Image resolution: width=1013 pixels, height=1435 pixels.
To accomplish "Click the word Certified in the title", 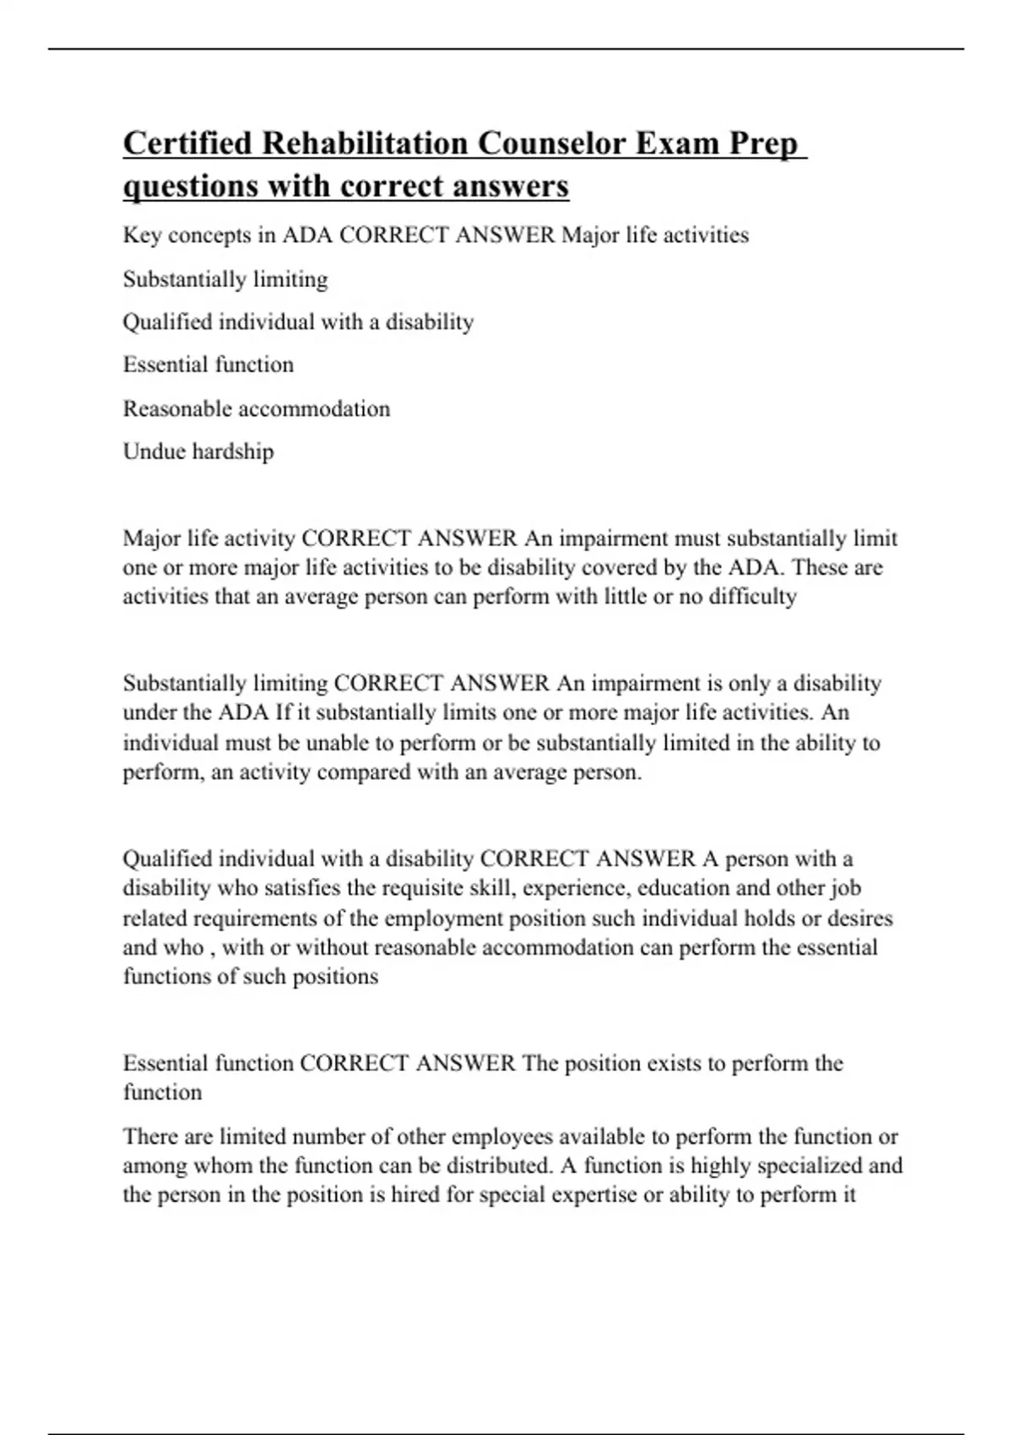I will [187, 143].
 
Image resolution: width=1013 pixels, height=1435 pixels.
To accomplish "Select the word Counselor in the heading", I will [557, 143].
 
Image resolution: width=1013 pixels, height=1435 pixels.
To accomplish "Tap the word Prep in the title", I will [763, 143].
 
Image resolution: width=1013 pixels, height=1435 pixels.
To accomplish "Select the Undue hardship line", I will [198, 452].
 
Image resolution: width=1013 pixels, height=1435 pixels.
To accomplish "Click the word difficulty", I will [752, 597].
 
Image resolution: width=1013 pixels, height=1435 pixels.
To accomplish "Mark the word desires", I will [859, 918].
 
